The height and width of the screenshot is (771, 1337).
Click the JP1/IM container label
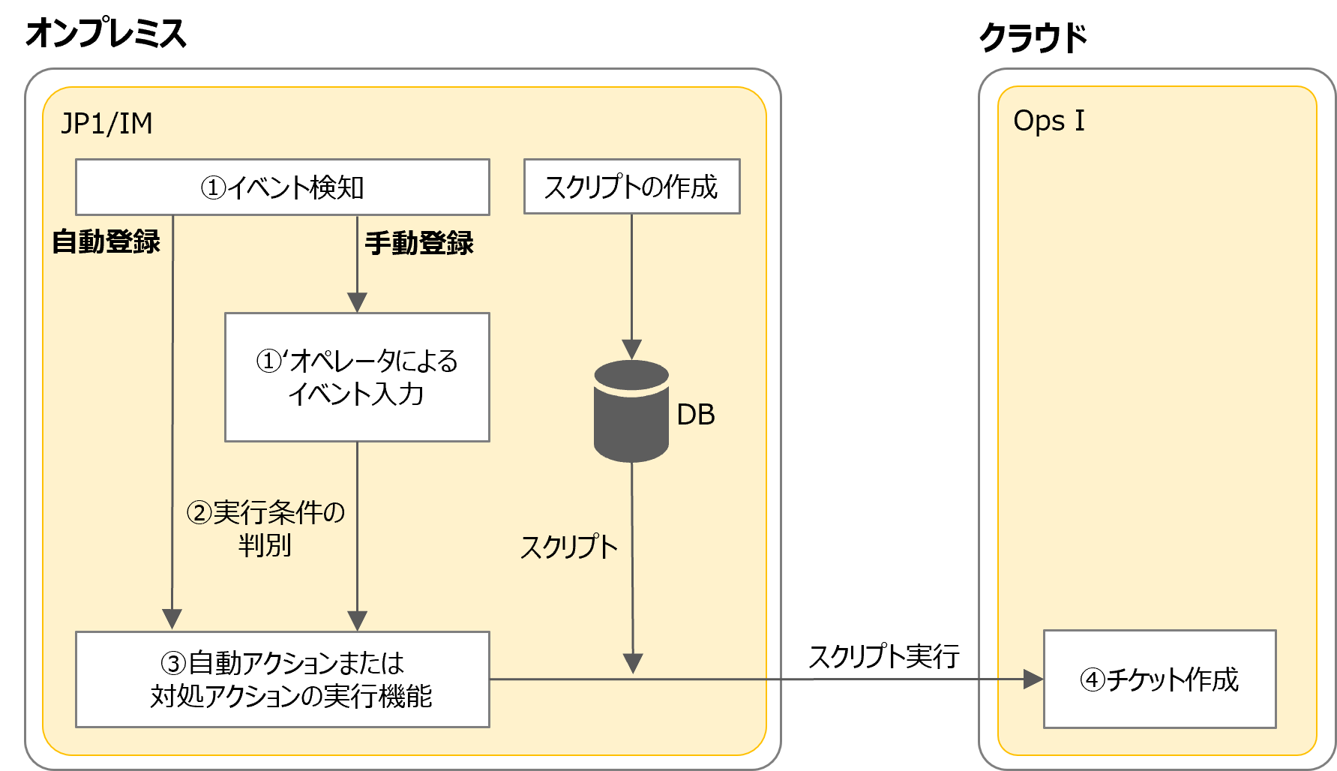106,124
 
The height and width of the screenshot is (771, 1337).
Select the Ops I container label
1048,121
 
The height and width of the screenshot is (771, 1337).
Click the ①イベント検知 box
282,187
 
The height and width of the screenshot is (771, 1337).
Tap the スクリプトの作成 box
631,187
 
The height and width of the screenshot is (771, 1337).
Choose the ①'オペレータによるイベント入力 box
357,377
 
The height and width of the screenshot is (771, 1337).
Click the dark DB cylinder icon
631,412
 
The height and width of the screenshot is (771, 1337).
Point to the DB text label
695,415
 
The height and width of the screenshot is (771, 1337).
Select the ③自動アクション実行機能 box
282,679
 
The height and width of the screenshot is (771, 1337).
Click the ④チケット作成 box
1159,679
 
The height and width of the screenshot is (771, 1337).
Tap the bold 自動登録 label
106,242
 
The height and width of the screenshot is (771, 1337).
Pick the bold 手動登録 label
418,244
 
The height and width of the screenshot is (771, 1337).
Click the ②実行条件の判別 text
265,529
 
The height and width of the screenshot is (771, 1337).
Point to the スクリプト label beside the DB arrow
568,547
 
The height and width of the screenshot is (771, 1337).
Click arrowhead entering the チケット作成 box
1034,680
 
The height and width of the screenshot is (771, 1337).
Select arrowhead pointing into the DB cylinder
631,349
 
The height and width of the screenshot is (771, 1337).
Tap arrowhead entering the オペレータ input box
357,302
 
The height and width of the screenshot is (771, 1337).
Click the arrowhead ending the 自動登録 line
172,619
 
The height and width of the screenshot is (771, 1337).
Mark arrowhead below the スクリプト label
633,663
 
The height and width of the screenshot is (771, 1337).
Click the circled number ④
1092,680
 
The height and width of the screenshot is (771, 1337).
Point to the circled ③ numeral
173,664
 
